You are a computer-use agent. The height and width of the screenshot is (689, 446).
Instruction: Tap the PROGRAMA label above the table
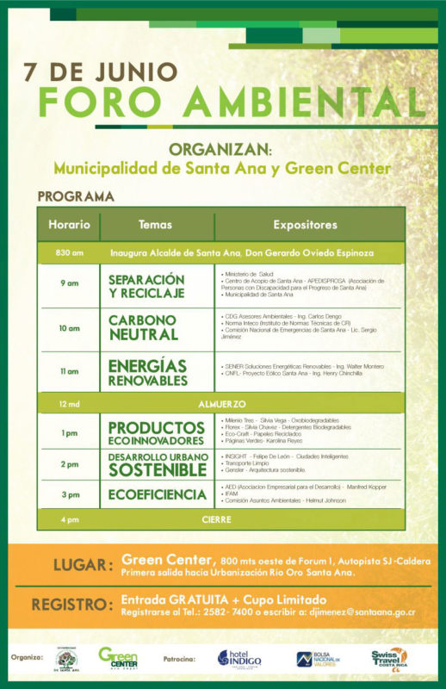coord(76,196)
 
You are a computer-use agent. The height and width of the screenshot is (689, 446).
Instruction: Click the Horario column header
coord(69,225)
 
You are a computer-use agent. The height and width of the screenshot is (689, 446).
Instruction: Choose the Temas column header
coord(155,225)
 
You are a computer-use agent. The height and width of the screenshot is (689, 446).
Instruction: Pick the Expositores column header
coord(305,225)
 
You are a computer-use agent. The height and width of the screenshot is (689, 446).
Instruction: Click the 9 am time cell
coord(69,283)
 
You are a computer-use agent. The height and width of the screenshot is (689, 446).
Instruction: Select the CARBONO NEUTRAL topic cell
coord(143,328)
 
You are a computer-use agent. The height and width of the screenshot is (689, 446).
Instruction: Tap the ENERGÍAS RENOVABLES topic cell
coord(147,372)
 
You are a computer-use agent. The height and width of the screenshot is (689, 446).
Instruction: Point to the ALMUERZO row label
coord(223,403)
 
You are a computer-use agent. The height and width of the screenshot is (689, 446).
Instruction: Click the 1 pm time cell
coord(69,432)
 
